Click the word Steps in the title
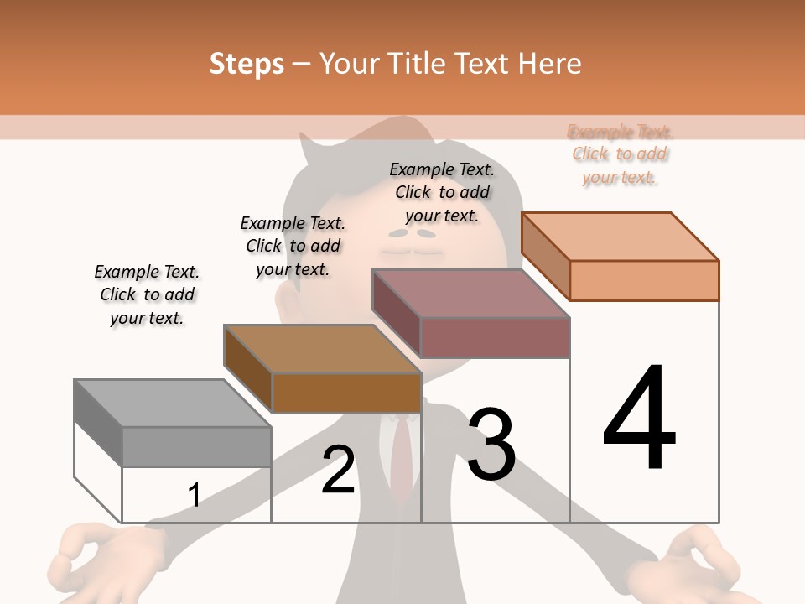pos(247,64)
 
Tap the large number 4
pos(639,419)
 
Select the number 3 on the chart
pos(491,445)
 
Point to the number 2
pos(339,470)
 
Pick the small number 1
pos(194,496)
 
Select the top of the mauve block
pos(470,294)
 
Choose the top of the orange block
pos(620,237)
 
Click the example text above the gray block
pos(147,294)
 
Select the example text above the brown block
pos(293,246)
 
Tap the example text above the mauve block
pos(442,192)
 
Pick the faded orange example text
pos(620,154)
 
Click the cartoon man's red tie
pos(403,457)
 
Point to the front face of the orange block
pos(644,280)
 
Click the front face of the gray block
pos(196,446)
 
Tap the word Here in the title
pos(550,64)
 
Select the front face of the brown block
pos(346,393)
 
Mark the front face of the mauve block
pos(495,337)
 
